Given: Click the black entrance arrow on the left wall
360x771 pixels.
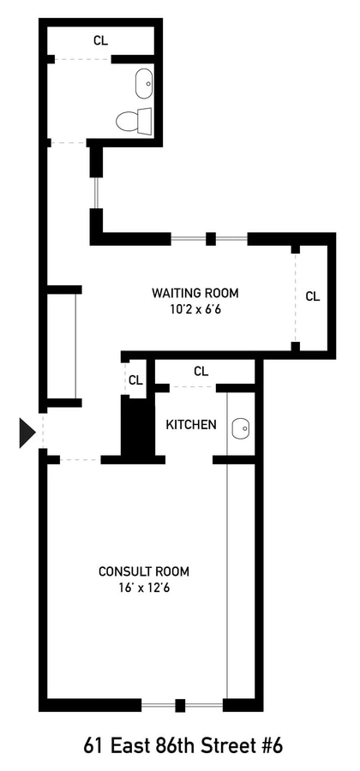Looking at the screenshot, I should click(x=27, y=433).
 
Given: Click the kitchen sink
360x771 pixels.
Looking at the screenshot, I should click(x=241, y=427).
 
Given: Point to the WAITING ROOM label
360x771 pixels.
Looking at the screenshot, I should click(x=195, y=293).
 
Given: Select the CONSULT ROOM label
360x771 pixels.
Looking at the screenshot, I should click(x=144, y=571).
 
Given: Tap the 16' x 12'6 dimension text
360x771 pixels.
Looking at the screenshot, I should click(x=144, y=588).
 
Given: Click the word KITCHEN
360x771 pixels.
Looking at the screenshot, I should click(x=191, y=425).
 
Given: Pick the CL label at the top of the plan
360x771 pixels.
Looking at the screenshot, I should click(x=101, y=40).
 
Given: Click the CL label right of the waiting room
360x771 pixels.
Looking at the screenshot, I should click(x=313, y=296).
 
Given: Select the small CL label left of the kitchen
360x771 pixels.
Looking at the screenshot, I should click(x=135, y=380).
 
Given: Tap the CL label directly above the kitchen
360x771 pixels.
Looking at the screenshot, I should click(x=201, y=372).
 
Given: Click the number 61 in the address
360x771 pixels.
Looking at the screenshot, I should click(x=93, y=745).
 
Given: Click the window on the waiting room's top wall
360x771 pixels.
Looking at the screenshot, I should click(x=209, y=239).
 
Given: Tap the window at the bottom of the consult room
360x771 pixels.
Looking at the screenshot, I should click(x=181, y=706).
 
